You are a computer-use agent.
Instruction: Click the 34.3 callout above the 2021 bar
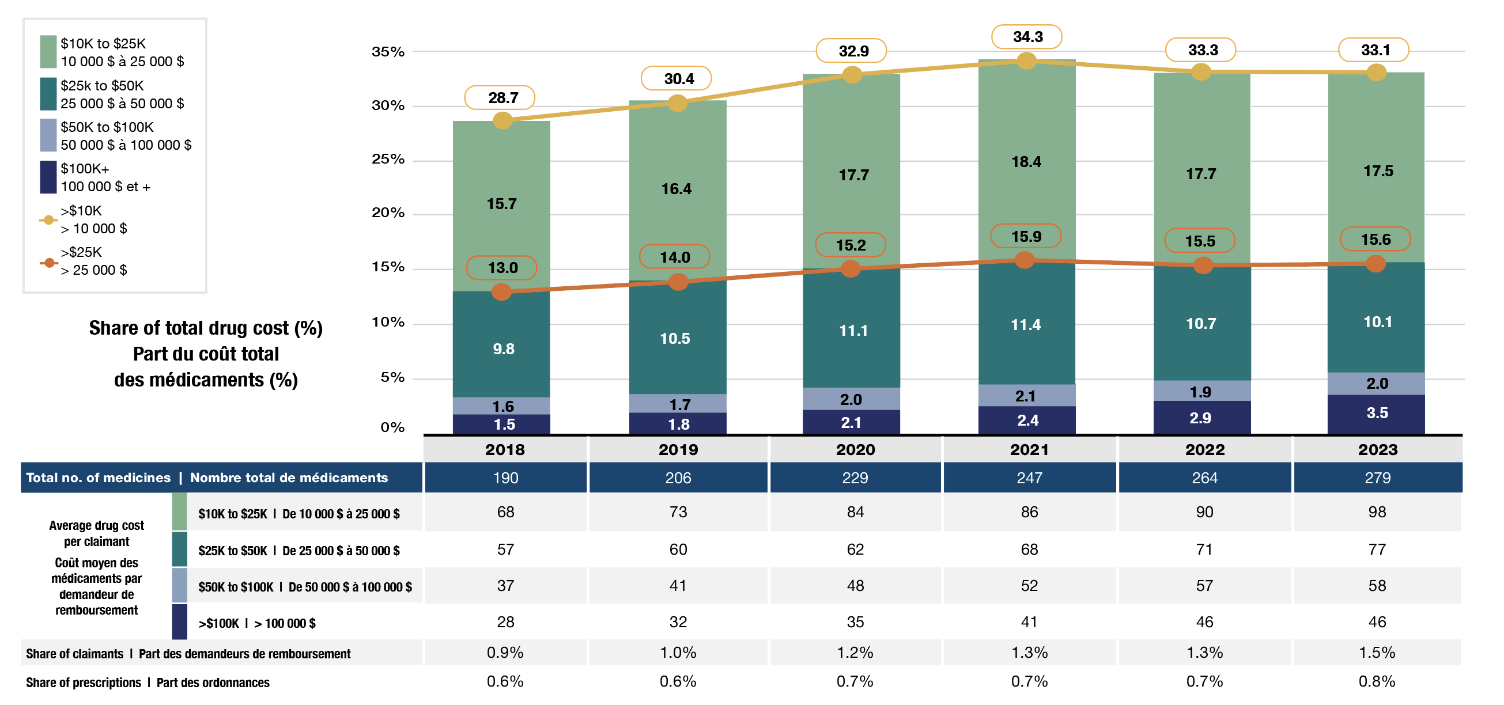coord(1027,37)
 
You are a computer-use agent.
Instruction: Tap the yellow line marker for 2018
coord(502,120)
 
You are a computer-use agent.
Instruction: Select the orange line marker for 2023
coord(1375,264)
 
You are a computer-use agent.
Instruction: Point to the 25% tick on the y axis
coord(388,160)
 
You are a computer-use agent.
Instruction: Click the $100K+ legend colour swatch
coord(48,177)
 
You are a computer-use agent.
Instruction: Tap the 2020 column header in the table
coord(855,449)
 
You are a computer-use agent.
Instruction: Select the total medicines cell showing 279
coord(1377,478)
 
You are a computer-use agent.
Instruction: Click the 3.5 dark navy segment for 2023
coord(1376,413)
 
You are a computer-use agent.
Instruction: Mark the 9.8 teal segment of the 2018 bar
coord(502,349)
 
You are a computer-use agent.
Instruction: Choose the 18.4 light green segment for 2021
coord(1026,162)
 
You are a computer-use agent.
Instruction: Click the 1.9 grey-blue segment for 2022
coord(1201,391)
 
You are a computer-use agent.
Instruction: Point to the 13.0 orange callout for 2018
coord(502,268)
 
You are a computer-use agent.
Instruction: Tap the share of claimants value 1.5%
coord(1377,653)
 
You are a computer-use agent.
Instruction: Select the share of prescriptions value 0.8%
coord(1377,681)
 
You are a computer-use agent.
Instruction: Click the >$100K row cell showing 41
coord(1029,622)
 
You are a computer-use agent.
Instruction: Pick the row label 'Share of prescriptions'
coord(83,682)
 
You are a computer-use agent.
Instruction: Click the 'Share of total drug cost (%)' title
coord(206,328)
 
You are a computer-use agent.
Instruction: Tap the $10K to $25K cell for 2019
coord(678,513)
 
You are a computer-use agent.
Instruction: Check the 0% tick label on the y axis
coord(392,427)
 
